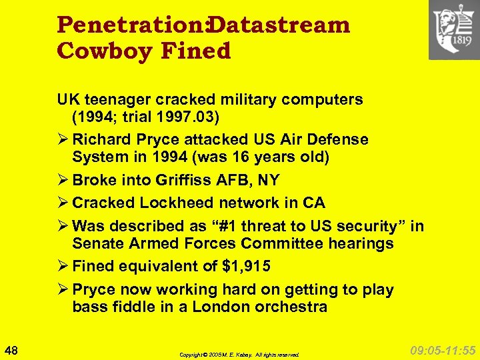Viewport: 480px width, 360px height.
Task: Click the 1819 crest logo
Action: pyautogui.click(x=453, y=30)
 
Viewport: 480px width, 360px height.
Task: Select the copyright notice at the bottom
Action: pyautogui.click(x=239, y=355)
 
